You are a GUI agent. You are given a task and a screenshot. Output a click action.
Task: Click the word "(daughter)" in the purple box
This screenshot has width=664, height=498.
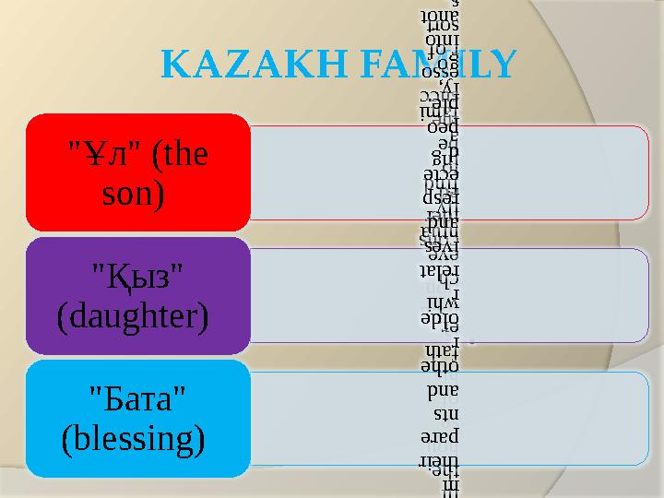132,316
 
